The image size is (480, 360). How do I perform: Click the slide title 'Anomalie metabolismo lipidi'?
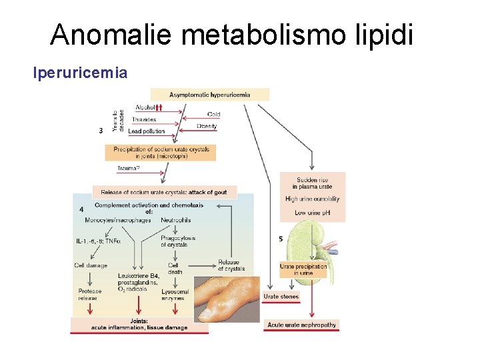pos(231,35)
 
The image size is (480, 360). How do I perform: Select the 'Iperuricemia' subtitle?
pos(80,72)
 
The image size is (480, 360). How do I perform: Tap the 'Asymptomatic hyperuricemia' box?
pos(209,95)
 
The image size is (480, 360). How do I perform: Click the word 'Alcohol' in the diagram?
pos(145,107)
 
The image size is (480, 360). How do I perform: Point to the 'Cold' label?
pos(213,115)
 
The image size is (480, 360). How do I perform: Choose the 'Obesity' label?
pos(207,126)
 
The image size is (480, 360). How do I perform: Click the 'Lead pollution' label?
pos(146,132)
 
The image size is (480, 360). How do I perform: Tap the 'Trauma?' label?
pos(129,168)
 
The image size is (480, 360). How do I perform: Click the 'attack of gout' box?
pos(164,192)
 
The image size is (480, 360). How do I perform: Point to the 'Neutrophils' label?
pos(176,220)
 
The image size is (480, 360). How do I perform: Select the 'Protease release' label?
pos(90,295)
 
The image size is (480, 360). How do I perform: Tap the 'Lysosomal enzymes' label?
pos(175,295)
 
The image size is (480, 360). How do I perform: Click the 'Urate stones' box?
pos(281,297)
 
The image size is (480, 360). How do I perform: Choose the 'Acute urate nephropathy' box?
pos(302,325)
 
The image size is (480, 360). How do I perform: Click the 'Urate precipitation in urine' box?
pos(303,269)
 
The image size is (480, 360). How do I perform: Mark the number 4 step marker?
pos(81,209)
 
